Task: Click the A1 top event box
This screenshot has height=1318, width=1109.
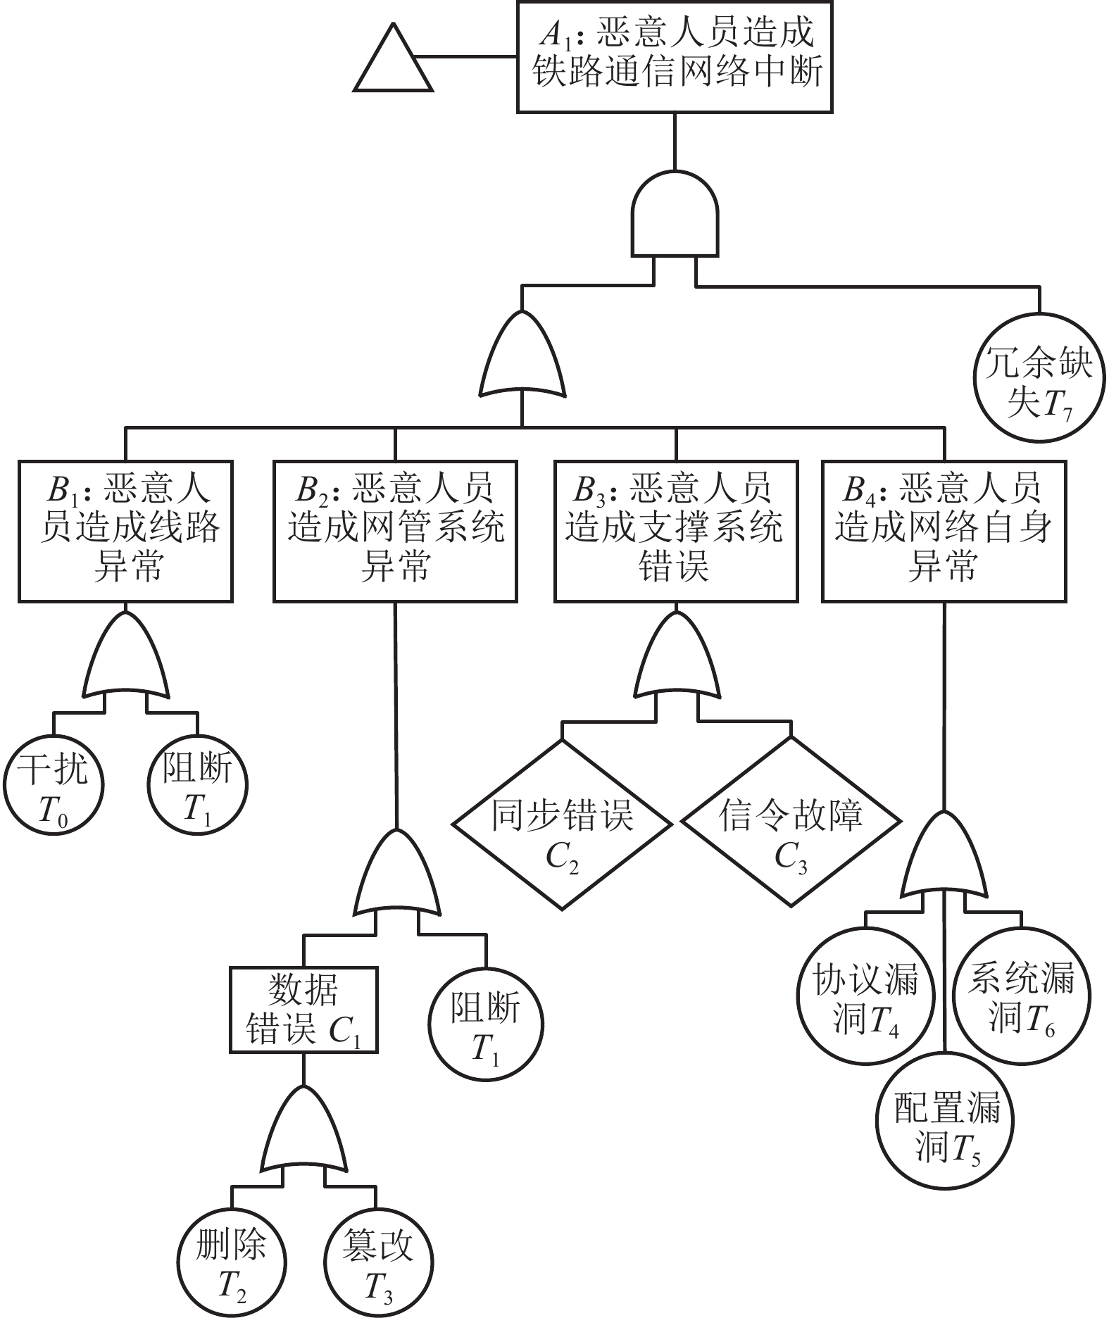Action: (x=675, y=56)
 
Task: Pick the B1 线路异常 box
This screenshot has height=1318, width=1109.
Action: (x=125, y=532)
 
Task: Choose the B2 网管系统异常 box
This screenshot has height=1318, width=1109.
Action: (x=395, y=532)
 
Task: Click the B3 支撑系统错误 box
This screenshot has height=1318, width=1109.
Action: (x=676, y=532)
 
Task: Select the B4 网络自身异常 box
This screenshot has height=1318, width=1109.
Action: (x=944, y=532)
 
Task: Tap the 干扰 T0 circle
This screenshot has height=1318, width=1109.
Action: (x=54, y=784)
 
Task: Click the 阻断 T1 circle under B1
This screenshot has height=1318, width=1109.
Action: (x=198, y=784)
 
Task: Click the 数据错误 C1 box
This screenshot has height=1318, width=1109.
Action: (x=303, y=1010)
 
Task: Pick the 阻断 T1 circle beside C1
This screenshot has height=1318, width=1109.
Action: (x=486, y=1022)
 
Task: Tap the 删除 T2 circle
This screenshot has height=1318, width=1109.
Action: (x=232, y=1262)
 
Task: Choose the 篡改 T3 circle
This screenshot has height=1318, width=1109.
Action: (x=378, y=1262)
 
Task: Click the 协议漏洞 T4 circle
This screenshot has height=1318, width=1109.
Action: (x=866, y=995)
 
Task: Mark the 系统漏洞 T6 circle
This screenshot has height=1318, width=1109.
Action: (x=1021, y=995)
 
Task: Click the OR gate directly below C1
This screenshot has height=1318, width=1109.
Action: (x=303, y=1131)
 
